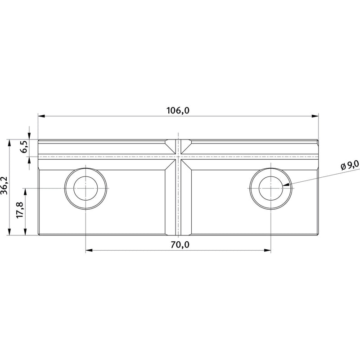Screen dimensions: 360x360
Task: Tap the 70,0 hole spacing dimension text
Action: tap(180, 245)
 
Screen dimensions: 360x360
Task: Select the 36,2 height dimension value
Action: tap(4, 185)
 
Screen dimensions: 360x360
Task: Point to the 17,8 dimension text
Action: tap(20, 210)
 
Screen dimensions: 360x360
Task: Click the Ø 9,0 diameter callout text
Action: tap(350, 165)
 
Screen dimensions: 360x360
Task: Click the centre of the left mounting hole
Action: tap(85, 188)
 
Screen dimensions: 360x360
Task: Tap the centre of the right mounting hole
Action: tap(271, 188)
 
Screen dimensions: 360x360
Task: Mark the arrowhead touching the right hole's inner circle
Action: tap(286, 184)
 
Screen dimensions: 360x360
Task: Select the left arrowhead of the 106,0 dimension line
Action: tap(41, 116)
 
